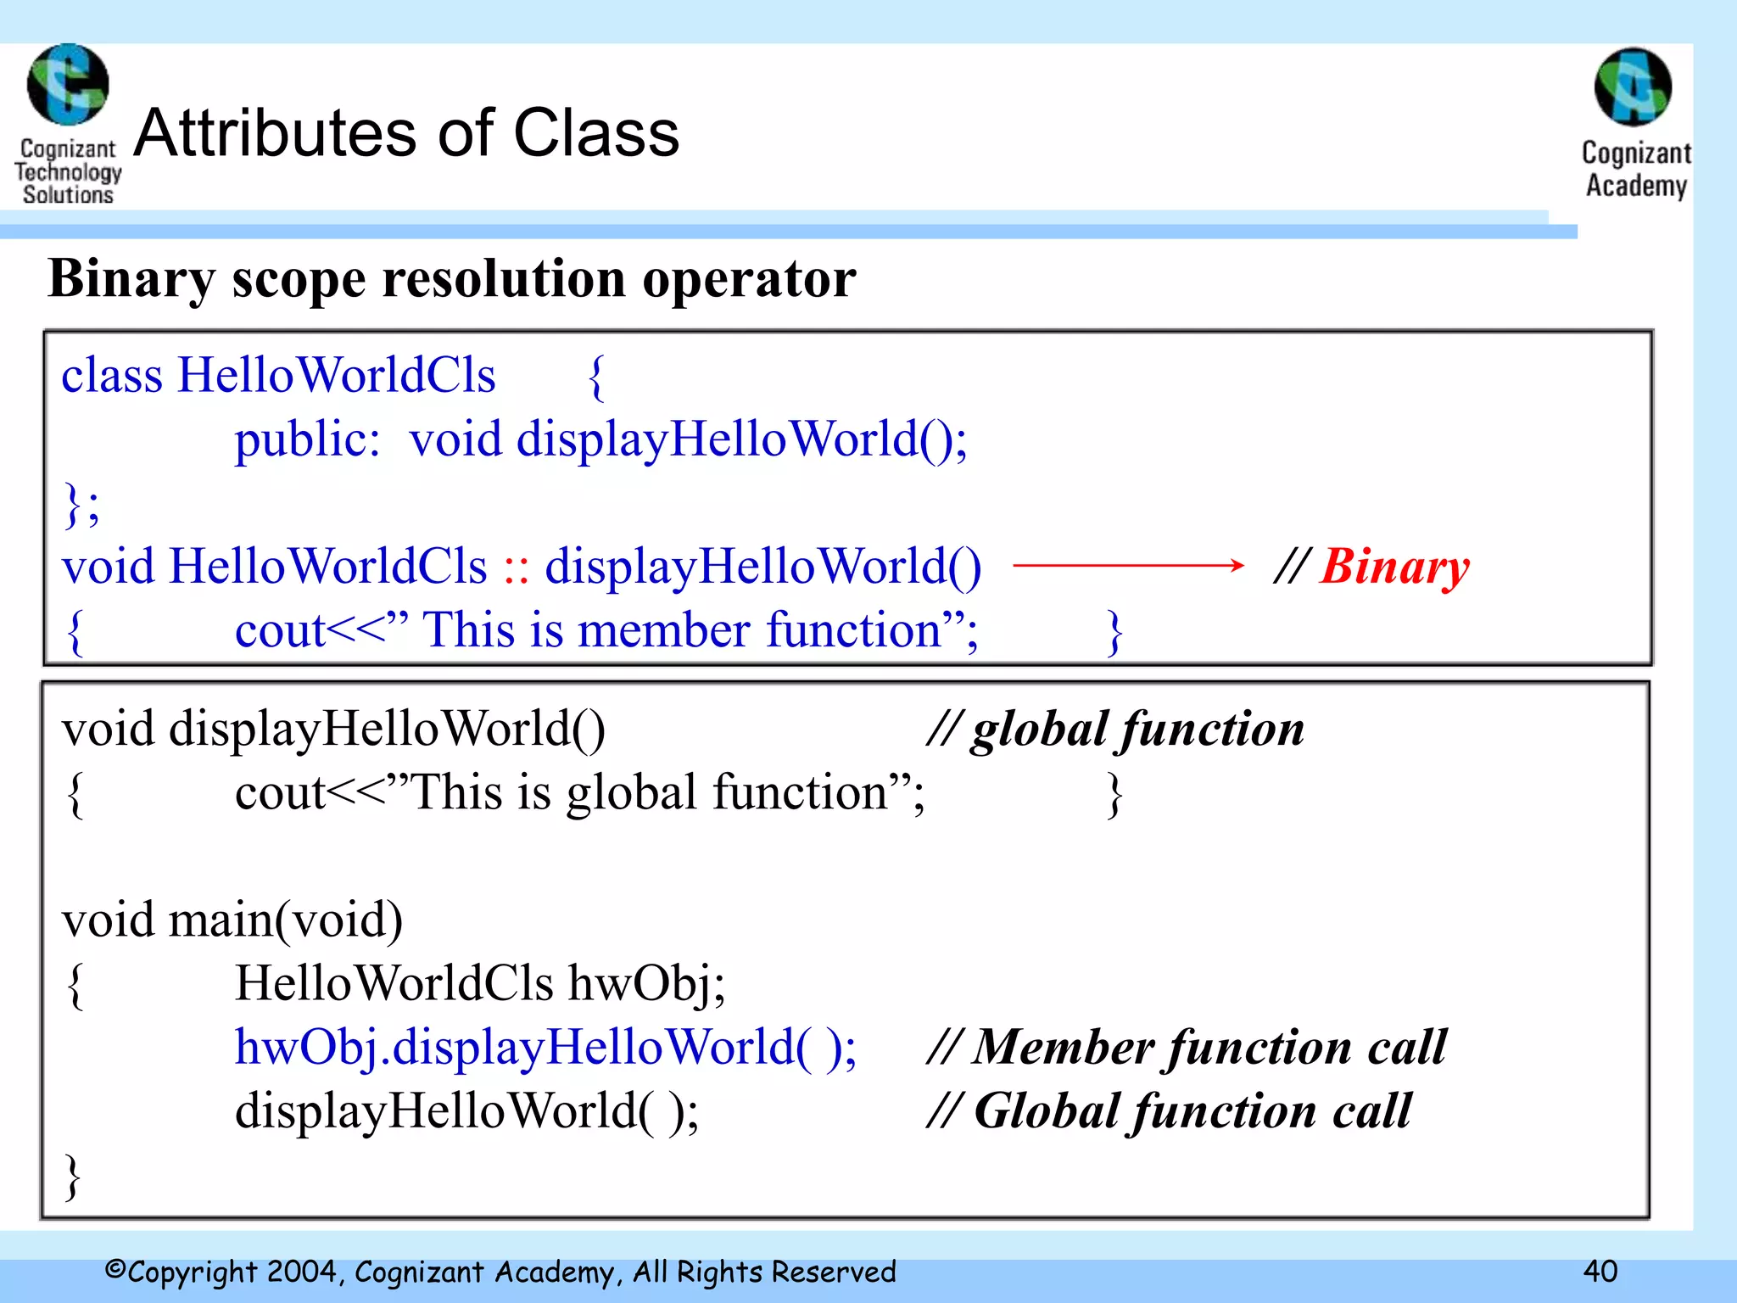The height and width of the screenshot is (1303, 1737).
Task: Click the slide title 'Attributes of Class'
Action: coord(407,133)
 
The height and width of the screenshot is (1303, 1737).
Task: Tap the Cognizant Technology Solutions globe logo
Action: coord(68,85)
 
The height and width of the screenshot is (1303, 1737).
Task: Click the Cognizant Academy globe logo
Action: coord(1633,87)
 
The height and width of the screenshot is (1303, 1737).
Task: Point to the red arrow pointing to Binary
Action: coord(1128,565)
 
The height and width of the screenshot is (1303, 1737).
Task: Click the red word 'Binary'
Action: coord(1394,567)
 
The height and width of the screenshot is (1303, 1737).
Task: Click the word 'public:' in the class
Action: coord(307,440)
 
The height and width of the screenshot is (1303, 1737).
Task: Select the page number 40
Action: coord(1600,1271)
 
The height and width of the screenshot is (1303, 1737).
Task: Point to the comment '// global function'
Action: coord(1115,730)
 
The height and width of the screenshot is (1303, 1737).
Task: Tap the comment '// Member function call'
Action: coord(1187,1048)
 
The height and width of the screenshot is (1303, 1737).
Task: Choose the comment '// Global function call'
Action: coord(1170,1111)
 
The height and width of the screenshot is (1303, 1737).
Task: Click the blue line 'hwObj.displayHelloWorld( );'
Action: coord(545,1048)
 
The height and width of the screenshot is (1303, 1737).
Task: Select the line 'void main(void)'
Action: coord(232,920)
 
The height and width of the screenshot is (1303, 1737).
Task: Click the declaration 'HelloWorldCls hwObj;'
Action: coord(480,984)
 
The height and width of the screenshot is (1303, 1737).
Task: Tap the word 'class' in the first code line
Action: coord(111,376)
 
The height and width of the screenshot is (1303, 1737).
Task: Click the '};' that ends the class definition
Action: coord(81,505)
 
